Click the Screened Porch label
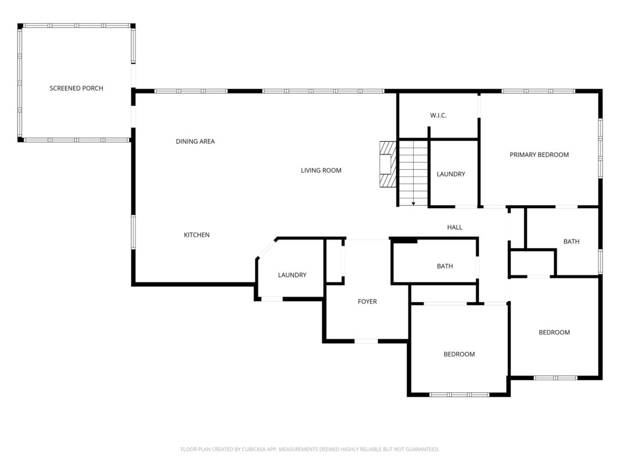(76, 88)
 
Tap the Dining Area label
(195, 141)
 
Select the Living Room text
(321, 170)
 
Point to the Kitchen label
(196, 235)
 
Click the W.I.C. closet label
(438, 116)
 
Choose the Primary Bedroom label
(539, 155)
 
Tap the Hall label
(454, 227)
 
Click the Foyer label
(367, 302)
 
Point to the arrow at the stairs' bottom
(413, 203)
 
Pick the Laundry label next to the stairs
(450, 174)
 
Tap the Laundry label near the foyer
(292, 275)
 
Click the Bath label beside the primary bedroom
(571, 241)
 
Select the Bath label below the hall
(445, 266)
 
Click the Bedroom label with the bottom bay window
(459, 354)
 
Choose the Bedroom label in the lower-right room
(554, 332)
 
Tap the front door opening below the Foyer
(366, 341)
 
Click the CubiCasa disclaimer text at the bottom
(310, 449)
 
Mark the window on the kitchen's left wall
(133, 232)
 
